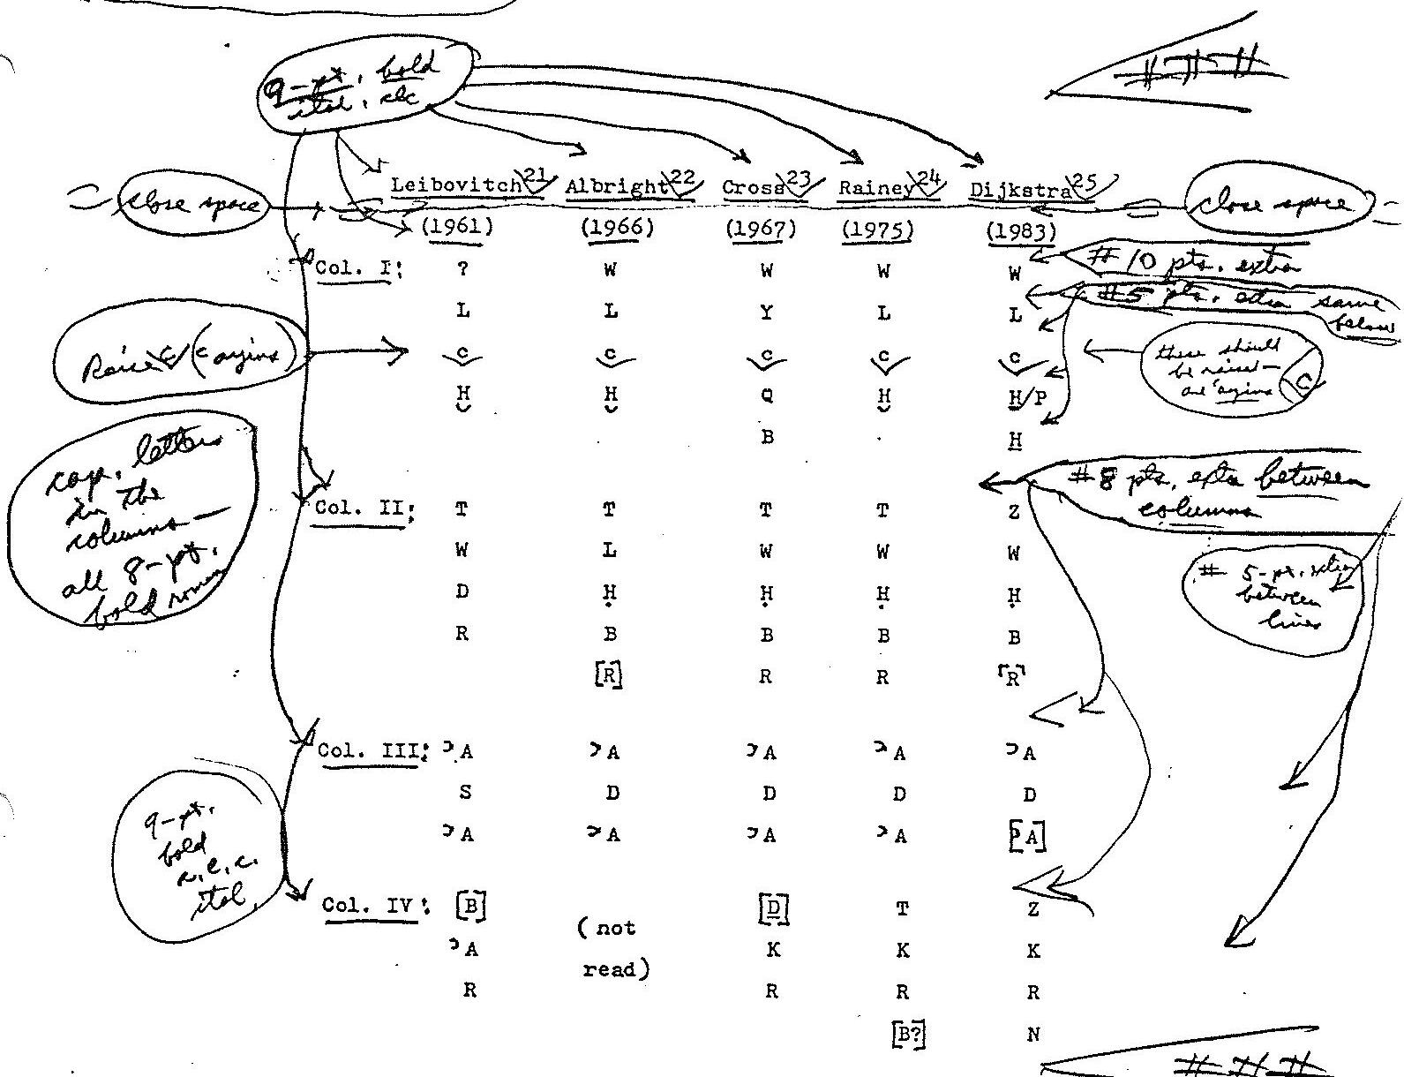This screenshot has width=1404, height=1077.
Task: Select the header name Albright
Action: pyautogui.click(x=616, y=187)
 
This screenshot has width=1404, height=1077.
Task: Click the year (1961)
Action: pyautogui.click(x=457, y=227)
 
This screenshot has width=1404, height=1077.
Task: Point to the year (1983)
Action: pyautogui.click(x=1021, y=232)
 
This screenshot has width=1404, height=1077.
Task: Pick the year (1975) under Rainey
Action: pyautogui.click(x=876, y=230)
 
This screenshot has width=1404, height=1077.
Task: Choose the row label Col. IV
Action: pyautogui.click(x=370, y=906)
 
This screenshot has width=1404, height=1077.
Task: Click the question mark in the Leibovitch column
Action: pyautogui.click(x=462, y=270)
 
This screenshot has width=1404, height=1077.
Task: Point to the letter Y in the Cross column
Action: pyautogui.click(x=767, y=313)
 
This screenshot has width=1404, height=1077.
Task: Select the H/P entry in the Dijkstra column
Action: pyautogui.click(x=1026, y=398)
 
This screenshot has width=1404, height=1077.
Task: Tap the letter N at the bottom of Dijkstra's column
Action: pyautogui.click(x=1033, y=1035)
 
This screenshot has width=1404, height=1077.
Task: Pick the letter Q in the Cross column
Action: pyautogui.click(x=767, y=396)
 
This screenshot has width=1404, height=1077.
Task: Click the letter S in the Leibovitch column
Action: pyautogui.click(x=465, y=793)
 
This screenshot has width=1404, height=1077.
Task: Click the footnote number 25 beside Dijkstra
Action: pyautogui.click(x=1085, y=182)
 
